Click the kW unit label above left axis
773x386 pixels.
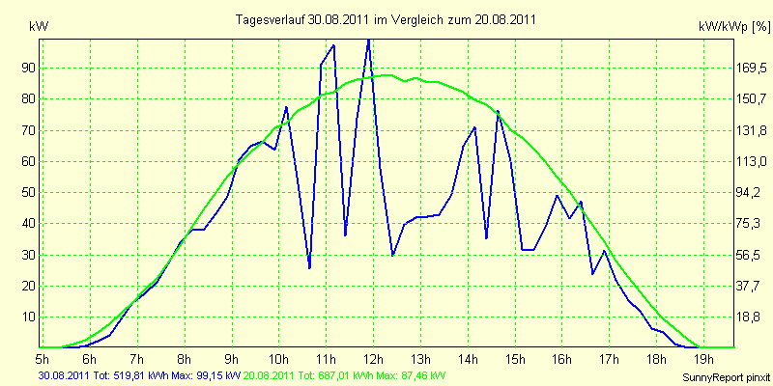(x=39, y=27)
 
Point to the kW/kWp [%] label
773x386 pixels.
(x=733, y=27)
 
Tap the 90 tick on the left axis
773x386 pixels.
(x=25, y=68)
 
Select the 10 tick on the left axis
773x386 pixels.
(x=25, y=317)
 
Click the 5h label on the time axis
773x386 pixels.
(x=43, y=356)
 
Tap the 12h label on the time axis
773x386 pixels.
(x=373, y=356)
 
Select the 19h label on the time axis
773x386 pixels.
(x=703, y=356)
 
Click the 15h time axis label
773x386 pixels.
(x=515, y=356)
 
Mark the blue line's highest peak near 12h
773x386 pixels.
(x=368, y=40)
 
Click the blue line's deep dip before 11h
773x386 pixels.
(x=309, y=268)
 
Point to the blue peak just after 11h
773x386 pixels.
(x=333, y=45)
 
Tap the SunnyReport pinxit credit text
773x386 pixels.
(x=727, y=377)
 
